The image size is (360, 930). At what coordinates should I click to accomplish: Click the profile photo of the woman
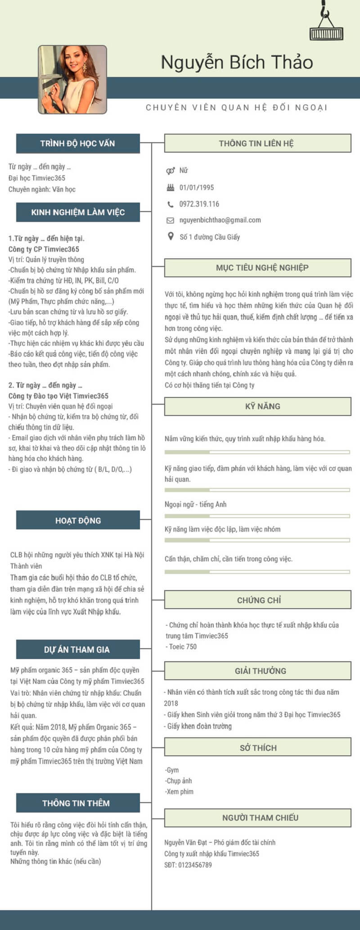point(72,79)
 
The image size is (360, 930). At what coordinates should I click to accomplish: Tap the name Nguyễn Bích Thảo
point(237,62)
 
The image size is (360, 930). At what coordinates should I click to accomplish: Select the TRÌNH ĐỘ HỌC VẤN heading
point(77,143)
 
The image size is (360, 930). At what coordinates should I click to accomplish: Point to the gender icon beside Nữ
point(171,171)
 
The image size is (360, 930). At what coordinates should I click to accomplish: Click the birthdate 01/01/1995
point(197,187)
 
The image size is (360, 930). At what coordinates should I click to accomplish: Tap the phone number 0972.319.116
point(199,204)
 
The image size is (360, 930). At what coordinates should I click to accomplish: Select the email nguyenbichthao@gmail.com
point(220,220)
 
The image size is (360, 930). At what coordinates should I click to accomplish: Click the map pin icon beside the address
point(171,236)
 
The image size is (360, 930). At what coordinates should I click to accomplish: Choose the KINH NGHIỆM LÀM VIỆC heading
point(77,212)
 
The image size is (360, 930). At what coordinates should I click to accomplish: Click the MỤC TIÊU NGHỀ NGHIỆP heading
point(262,267)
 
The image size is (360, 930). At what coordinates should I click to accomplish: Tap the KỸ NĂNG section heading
point(262,406)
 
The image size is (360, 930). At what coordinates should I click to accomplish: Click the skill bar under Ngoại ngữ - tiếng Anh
point(257,516)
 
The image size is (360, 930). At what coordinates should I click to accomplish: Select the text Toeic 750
point(183,646)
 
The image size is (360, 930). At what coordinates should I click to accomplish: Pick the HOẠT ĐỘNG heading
point(78,520)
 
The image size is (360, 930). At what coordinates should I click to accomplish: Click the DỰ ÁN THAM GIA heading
point(77,650)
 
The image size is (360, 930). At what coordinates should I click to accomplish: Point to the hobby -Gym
point(172,770)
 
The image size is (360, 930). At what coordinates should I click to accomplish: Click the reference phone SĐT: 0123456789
point(188,865)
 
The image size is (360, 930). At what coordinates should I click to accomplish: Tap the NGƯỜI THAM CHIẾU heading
point(260,817)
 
